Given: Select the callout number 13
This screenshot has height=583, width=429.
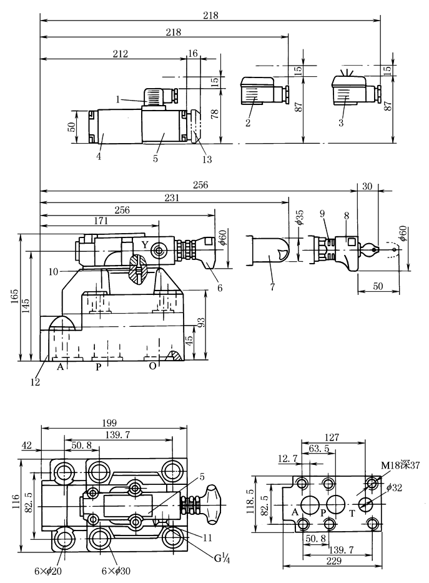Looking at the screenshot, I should click(x=207, y=159).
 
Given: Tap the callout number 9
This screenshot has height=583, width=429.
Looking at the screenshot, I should click(x=322, y=213).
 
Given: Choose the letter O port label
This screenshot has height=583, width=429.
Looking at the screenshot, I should click(x=152, y=367).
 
